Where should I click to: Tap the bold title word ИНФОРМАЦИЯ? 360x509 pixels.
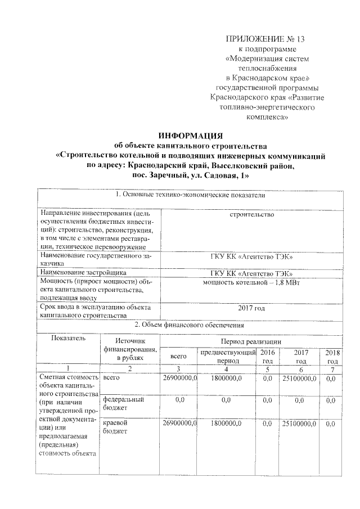tap(191, 136)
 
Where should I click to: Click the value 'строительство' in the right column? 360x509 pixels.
tap(251, 215)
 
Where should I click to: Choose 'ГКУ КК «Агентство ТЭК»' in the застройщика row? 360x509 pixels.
tap(251, 273)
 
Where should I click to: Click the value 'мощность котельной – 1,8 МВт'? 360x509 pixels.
tap(251, 282)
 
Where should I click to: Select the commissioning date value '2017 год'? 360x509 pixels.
tap(251, 308)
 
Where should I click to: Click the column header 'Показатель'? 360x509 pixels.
tap(67, 338)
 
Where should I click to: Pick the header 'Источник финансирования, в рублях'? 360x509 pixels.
tap(129, 349)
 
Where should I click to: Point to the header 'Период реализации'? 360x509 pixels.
tap(251, 341)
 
